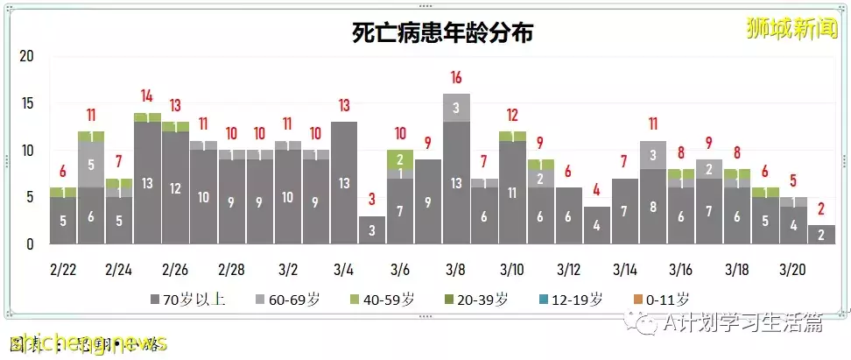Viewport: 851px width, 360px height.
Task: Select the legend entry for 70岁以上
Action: point(188,300)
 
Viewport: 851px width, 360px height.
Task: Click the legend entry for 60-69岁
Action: point(285,300)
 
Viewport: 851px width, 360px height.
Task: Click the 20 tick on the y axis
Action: point(26,57)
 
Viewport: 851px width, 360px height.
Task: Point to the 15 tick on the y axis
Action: point(26,103)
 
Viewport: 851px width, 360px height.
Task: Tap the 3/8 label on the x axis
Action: point(455,267)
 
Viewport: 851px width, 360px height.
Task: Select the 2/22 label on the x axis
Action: point(63,267)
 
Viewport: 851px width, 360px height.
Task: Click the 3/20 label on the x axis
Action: point(793,267)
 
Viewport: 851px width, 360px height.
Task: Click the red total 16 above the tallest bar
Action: point(456,78)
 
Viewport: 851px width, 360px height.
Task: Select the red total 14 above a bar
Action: point(147,96)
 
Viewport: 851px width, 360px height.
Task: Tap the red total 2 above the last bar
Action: point(820,209)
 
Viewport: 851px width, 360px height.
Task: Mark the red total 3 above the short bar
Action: point(372,200)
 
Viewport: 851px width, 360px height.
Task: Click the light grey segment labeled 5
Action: point(91,164)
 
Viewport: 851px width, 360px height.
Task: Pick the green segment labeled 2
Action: point(400,159)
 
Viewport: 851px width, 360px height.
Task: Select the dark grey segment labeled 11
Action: point(512,193)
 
